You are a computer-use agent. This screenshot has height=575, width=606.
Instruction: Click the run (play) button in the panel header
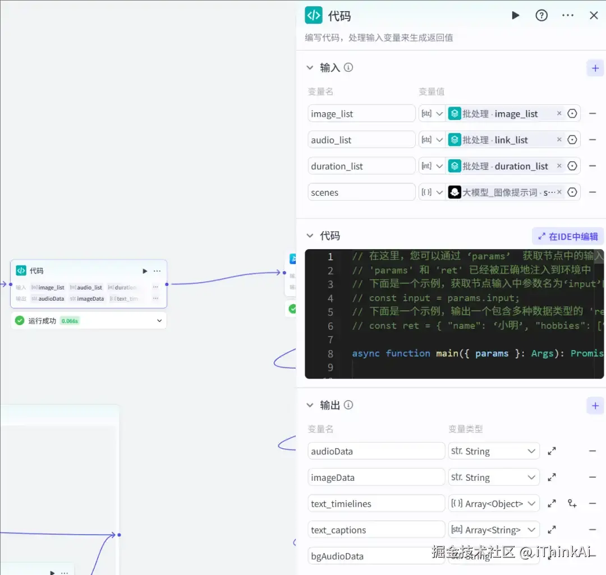point(515,16)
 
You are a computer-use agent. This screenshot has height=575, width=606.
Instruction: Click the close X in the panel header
point(594,16)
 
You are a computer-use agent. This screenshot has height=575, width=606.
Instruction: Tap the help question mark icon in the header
point(541,16)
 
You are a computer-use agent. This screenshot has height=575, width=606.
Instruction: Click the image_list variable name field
point(361,114)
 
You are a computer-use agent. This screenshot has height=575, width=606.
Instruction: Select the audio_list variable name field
point(361,140)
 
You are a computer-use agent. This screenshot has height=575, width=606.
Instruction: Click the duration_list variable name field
point(361,166)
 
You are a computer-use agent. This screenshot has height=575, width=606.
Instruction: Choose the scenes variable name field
point(361,192)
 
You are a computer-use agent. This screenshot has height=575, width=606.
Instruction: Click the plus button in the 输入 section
point(595,68)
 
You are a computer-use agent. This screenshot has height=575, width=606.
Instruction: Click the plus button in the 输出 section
point(595,406)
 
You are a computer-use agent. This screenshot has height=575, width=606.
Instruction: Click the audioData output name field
point(376,451)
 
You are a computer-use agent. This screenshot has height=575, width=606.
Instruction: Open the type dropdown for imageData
point(494,477)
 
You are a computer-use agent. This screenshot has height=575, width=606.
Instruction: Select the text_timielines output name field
point(376,504)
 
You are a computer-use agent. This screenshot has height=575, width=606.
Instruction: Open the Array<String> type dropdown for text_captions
point(494,530)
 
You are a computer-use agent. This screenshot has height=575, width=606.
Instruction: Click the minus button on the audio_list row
point(593,140)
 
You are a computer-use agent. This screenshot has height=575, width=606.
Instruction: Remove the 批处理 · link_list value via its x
point(559,140)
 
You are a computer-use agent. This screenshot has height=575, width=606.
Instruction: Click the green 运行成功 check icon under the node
point(20,321)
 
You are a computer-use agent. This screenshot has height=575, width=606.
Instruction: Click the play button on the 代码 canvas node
point(145,271)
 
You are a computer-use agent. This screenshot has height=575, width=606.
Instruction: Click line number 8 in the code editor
point(330,353)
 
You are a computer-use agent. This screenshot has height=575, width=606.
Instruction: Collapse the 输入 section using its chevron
point(310,68)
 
